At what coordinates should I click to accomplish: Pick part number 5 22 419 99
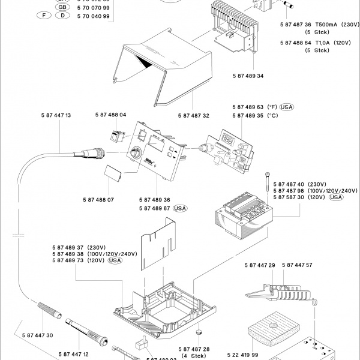(x=260, y=355)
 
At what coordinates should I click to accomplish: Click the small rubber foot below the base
(x=200, y=332)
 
